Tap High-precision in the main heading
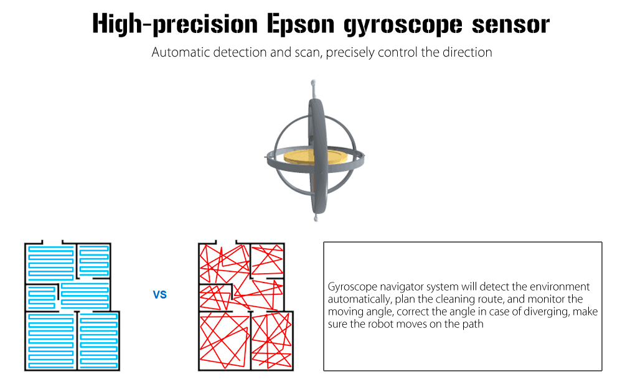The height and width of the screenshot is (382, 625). point(174,24)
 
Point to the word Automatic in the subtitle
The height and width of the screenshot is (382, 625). point(177,52)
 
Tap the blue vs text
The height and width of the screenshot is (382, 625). point(160,294)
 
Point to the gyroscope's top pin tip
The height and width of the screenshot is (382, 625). point(314,82)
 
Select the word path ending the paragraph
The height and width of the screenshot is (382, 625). point(471,324)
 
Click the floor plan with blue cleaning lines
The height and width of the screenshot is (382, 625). point(71,305)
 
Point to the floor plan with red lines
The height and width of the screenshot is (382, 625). point(245,305)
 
